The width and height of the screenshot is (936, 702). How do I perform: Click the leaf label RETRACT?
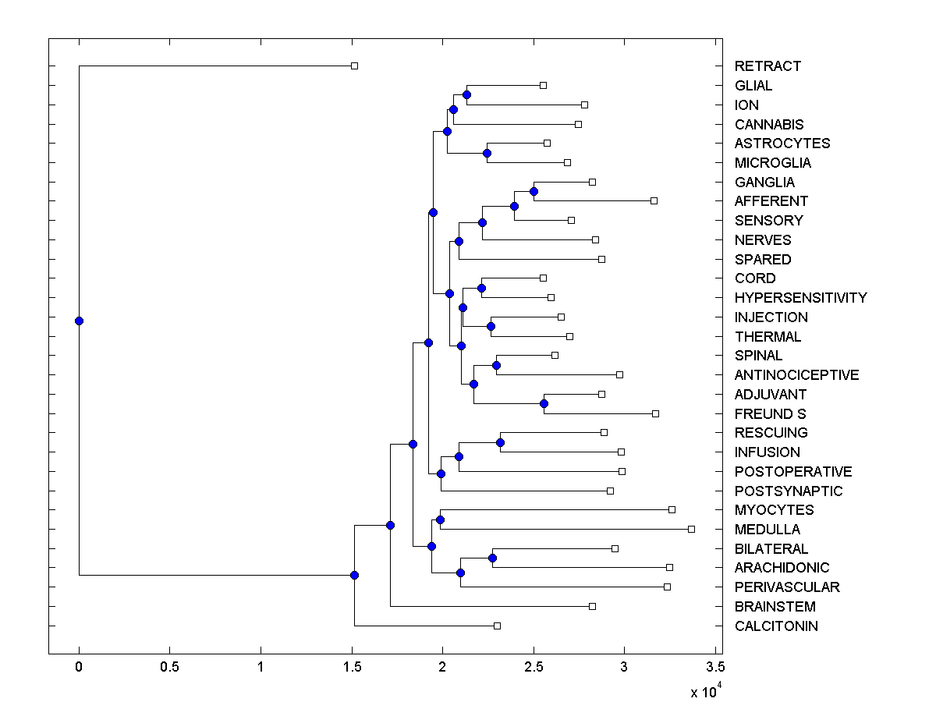(768, 66)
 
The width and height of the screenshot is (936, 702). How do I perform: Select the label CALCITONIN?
(776, 626)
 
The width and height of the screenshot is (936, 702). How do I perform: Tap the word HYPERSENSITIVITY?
(800, 298)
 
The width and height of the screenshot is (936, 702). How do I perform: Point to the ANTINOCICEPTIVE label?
(796, 375)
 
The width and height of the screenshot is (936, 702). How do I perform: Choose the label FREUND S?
(770, 413)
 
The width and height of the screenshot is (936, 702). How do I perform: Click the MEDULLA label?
(767, 530)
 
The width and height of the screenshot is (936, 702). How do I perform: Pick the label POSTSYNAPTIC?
(789, 491)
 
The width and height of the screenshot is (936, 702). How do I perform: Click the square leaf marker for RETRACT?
(354, 66)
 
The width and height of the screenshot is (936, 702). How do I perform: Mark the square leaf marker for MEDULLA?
(691, 529)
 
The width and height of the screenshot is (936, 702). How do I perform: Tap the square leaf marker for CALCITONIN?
(497, 626)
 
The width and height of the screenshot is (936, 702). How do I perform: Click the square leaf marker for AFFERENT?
(654, 200)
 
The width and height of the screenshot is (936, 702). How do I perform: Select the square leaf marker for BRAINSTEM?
(592, 606)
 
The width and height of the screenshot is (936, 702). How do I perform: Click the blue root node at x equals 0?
(79, 321)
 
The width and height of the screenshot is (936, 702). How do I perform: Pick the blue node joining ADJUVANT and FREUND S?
(544, 403)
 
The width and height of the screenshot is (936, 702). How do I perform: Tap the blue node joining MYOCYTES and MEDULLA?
(440, 519)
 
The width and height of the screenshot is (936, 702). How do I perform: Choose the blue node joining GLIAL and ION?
(466, 94)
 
